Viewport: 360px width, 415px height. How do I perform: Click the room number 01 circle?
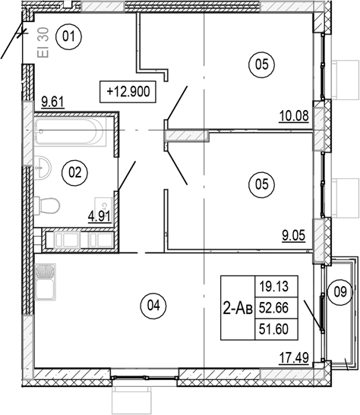(x=70, y=36)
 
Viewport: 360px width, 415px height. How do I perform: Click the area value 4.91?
(x=99, y=216)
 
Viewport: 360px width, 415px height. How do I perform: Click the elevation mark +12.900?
(x=131, y=91)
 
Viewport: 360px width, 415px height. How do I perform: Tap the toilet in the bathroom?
(x=47, y=205)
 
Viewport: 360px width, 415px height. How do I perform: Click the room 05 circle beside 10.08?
(x=261, y=66)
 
